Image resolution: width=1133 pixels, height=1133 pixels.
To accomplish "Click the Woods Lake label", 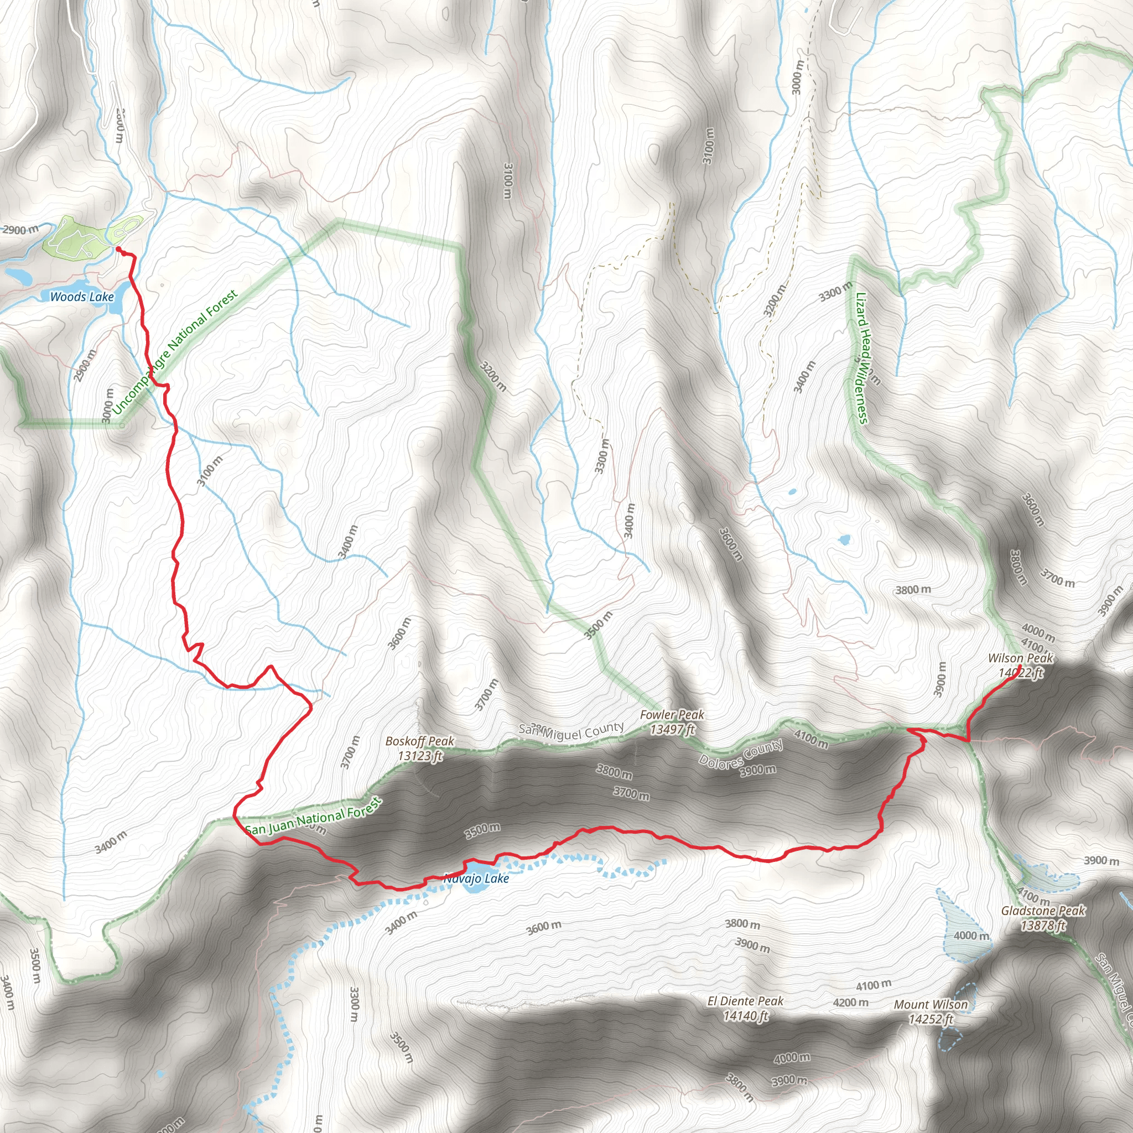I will coord(81,297).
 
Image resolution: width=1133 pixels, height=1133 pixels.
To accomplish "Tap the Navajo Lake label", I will coord(476,878).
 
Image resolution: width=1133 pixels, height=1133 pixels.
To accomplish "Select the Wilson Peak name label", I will coord(1020,658).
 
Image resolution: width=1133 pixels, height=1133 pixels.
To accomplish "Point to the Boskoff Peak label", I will coord(419,741).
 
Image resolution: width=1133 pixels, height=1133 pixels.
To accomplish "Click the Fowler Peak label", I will coord(672,714).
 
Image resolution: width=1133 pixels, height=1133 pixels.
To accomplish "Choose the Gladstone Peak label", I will coord(1043,911).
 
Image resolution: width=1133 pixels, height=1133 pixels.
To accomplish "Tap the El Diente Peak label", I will coord(745,1001).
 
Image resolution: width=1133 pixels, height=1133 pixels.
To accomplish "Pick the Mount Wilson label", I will coord(931,1005).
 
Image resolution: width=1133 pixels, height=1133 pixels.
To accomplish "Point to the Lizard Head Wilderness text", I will coord(861,358).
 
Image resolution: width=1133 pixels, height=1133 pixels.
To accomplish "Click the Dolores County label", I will coord(741,752).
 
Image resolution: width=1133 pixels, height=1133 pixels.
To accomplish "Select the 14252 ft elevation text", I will coord(931,1019).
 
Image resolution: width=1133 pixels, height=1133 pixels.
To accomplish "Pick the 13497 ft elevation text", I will coord(672,729).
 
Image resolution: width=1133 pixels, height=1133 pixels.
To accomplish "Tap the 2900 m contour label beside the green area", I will coord(20,229).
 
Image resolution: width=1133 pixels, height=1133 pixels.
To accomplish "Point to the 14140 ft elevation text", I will coord(745,1016).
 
